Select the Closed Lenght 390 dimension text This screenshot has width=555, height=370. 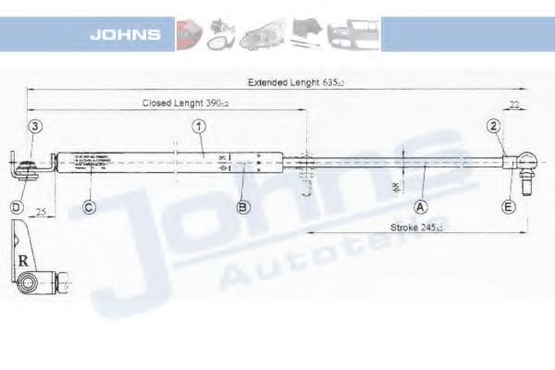click(x=185, y=104)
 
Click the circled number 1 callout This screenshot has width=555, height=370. click(x=198, y=126)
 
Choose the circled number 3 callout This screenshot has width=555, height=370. click(x=34, y=126)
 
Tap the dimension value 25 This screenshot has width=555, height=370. click(x=42, y=213)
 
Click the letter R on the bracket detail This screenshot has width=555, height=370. click(x=22, y=260)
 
